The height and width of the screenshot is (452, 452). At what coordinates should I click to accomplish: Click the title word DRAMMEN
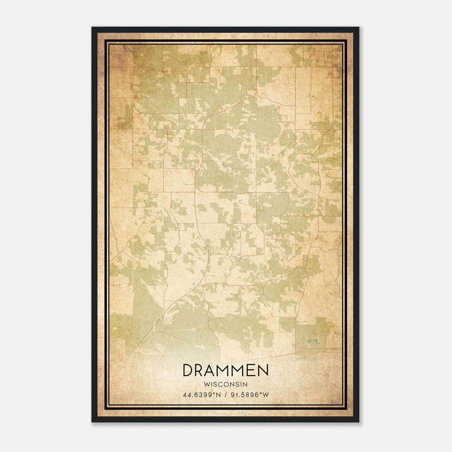(225, 371)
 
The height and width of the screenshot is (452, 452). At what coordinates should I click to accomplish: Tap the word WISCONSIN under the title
(225, 384)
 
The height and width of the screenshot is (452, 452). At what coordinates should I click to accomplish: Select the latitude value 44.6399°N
(202, 395)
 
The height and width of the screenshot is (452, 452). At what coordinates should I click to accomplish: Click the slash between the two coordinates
(226, 395)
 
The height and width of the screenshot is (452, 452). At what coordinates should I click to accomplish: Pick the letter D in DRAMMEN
(188, 371)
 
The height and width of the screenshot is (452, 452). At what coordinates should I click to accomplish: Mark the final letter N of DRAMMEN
(263, 371)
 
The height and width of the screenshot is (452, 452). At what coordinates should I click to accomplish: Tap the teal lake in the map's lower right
(312, 342)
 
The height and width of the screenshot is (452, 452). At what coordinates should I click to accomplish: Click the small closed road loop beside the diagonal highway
(168, 320)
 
